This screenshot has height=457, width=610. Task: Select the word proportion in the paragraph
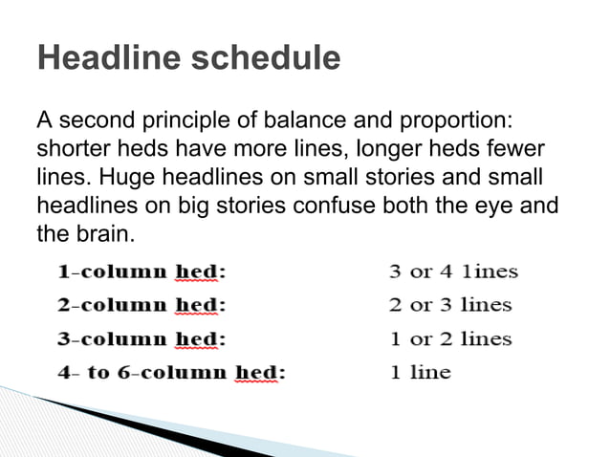click(x=447, y=123)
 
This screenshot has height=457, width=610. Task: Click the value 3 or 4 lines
click(x=453, y=272)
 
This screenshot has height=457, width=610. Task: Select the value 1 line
click(x=420, y=372)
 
